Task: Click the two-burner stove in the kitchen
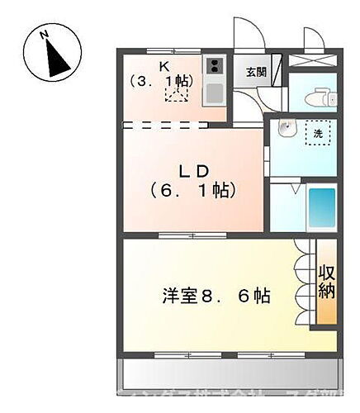(x=215, y=67)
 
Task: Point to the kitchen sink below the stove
(x=215, y=93)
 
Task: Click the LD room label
(x=195, y=171)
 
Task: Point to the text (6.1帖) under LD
(x=195, y=190)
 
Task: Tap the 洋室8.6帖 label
(x=217, y=295)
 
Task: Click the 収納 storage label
(x=327, y=281)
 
